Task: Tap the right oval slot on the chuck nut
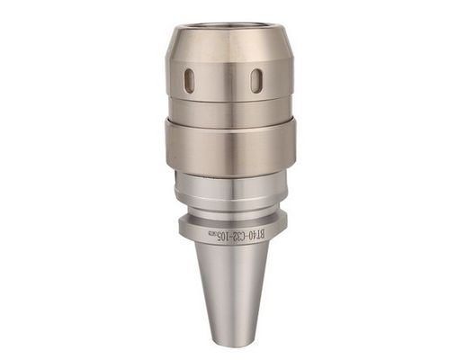[x=256, y=80]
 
